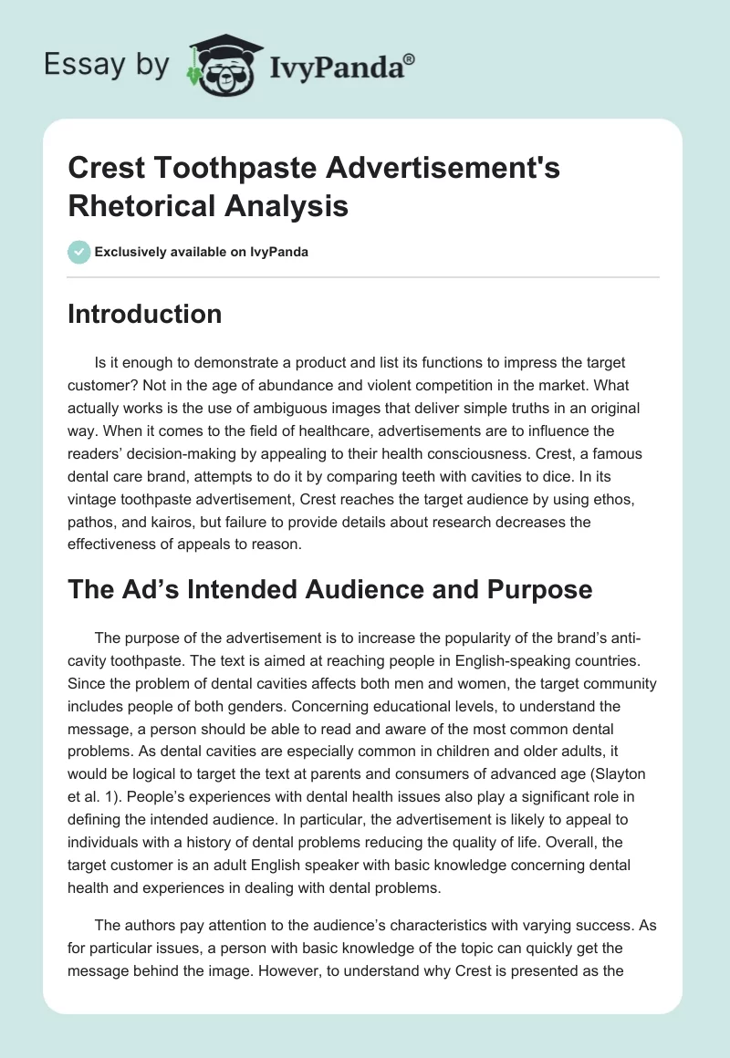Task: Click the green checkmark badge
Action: tap(79, 252)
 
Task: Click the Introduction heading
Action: tap(145, 314)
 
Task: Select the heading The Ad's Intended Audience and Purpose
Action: tap(329, 589)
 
